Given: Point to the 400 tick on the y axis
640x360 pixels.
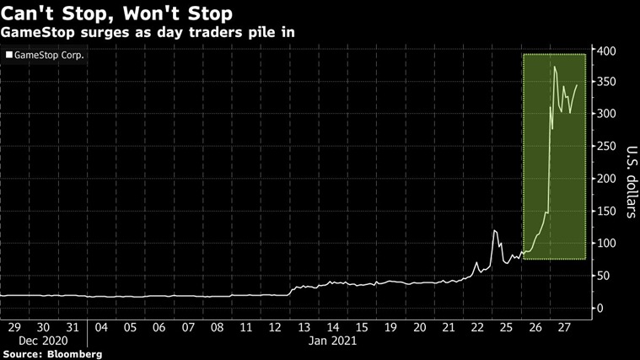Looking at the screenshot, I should pos(606,51).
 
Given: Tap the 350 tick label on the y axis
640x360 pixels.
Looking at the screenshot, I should pos(606,82).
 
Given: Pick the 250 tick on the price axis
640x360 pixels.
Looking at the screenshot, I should pos(606,147).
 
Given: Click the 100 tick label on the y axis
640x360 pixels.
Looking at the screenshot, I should pos(606,244).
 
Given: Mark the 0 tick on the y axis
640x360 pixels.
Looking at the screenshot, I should pos(600,309).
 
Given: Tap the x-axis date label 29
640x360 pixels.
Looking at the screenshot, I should pos(14,326).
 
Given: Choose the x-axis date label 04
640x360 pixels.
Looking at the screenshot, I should pos(100,326).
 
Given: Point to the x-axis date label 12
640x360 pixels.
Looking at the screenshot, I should pos(274,326).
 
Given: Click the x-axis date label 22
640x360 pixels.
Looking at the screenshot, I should pos(476,326).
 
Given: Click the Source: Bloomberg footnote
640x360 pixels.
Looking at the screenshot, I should pos(51,354).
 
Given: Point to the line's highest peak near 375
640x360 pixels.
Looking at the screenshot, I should pos(554,67).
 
